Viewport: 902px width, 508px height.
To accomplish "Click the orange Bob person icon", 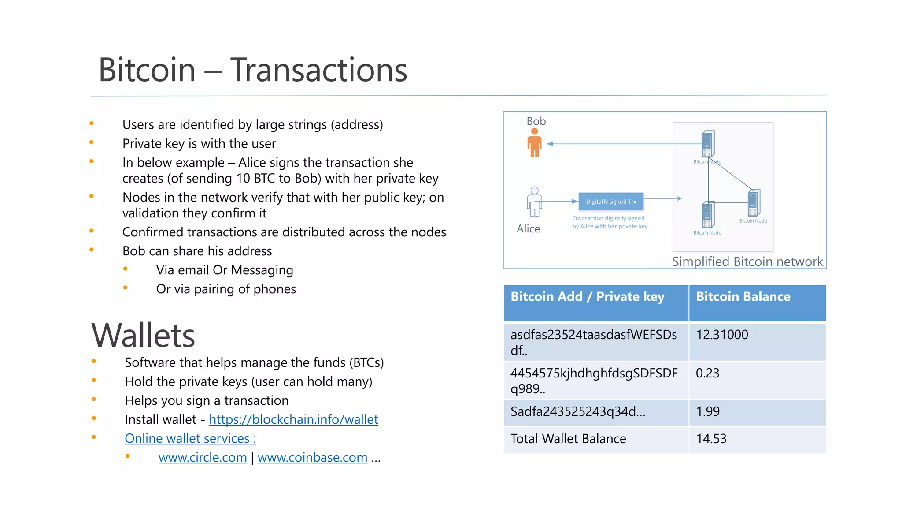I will (534, 143).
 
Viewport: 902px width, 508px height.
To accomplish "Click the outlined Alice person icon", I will (534, 202).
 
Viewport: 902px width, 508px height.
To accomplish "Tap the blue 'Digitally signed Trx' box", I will (611, 202).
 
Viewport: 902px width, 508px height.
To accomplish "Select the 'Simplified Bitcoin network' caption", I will (747, 261).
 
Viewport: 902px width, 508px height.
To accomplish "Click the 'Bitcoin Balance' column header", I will (743, 297).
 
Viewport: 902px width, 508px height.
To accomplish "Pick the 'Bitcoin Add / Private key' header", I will (587, 297).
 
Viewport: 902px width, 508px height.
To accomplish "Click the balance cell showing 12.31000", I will (722, 335).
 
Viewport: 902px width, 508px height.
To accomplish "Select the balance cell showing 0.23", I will (707, 373).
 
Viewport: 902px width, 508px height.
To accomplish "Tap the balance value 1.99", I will (708, 411).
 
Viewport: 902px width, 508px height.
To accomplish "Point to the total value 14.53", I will (711, 439).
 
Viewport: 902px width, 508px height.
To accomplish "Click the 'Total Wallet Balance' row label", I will (568, 439).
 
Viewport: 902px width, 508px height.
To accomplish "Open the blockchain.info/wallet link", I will (293, 419).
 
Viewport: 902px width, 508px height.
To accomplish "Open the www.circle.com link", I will (203, 458).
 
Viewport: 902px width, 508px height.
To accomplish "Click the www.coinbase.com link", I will (312, 458).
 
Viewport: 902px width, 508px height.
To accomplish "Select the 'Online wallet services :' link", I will (190, 438).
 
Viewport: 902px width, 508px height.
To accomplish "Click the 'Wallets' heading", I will (143, 336).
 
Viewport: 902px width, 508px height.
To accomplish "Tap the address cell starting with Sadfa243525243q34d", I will (577, 411).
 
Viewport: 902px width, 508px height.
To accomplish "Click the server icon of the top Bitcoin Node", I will (708, 144).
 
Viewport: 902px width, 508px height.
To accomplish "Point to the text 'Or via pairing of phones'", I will (226, 289).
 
